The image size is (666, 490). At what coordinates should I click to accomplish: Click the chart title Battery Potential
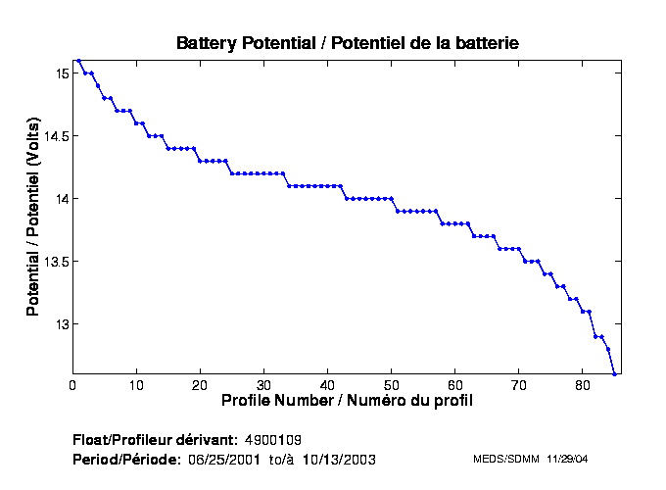[347, 43]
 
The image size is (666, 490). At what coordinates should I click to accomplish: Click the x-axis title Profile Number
[347, 400]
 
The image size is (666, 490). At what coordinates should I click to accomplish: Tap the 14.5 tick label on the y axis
[55, 136]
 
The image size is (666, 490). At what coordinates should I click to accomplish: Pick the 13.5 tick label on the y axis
[55, 262]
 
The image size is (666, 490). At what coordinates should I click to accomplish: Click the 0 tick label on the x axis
[72, 384]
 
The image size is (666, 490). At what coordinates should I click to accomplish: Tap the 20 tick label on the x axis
[200, 384]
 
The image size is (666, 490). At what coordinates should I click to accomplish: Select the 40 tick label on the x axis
[327, 384]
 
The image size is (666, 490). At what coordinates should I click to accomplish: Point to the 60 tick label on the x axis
[454, 384]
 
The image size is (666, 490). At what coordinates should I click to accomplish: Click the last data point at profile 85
[614, 374]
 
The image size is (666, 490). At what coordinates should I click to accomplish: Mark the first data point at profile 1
[79, 60]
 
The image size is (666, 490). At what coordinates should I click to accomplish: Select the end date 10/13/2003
[340, 459]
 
